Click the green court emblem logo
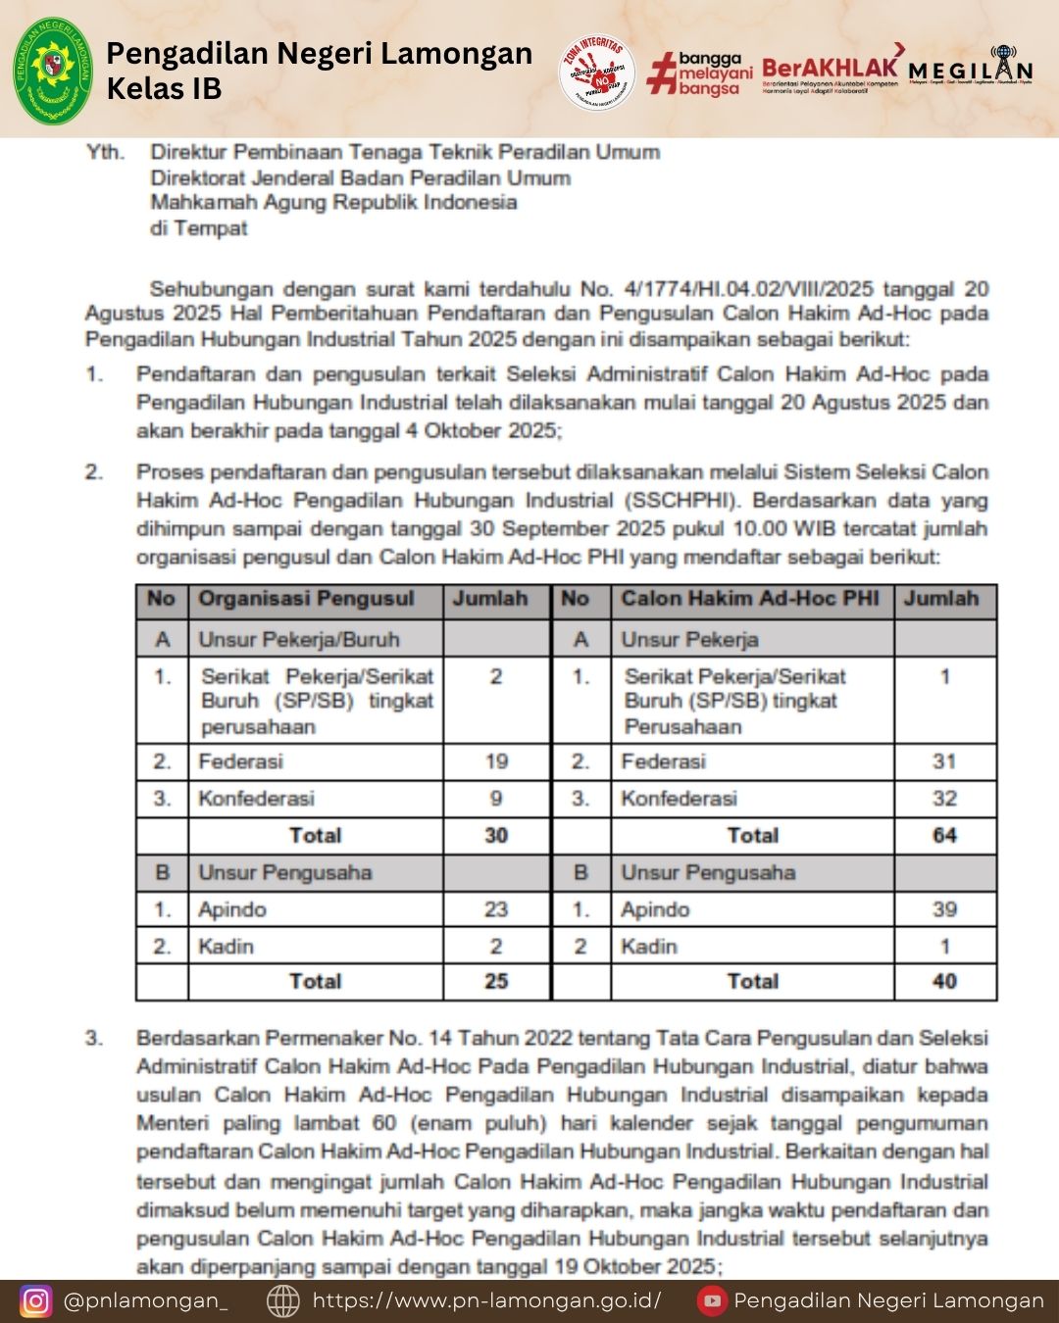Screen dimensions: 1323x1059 coord(52,71)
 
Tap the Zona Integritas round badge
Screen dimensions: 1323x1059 coord(596,73)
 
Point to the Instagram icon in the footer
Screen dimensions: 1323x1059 coord(35,1300)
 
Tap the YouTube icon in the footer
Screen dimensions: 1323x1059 coord(712,1300)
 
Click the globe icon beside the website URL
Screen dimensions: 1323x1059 coord(283,1300)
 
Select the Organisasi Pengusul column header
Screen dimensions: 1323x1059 coord(306,599)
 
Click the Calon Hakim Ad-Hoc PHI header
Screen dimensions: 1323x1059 coord(750,599)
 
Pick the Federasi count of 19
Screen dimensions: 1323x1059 coord(496,761)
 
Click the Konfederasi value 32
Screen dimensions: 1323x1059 coord(944,798)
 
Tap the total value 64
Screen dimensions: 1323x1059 coord(944,836)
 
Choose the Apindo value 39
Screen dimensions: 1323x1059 coord(944,909)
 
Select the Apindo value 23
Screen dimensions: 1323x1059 coord(496,909)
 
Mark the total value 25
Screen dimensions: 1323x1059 coord(496,981)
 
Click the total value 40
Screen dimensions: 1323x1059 coord(944,981)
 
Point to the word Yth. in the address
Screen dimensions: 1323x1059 coord(105,152)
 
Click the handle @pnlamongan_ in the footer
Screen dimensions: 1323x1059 coord(145,1300)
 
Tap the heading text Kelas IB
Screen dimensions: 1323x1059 coord(164,88)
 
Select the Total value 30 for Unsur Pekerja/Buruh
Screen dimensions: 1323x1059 coord(496,836)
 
